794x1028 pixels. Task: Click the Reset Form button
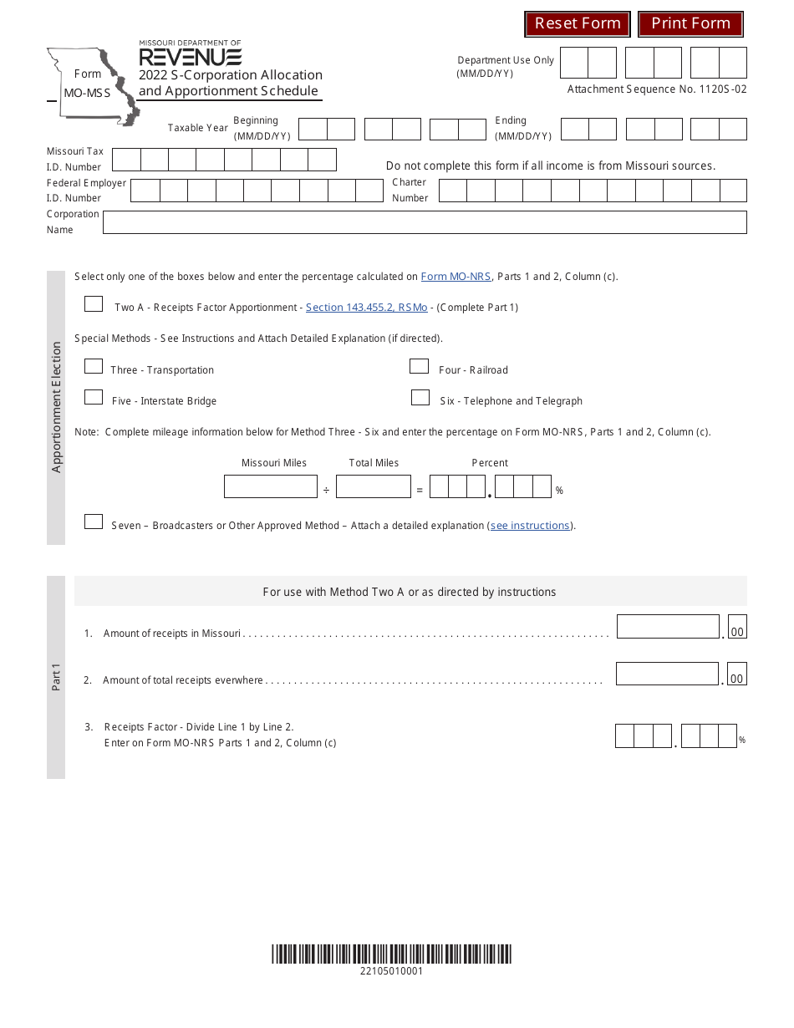578,24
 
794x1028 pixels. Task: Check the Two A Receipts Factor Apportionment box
94,304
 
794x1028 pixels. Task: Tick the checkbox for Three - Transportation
94,366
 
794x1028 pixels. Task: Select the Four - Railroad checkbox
419,366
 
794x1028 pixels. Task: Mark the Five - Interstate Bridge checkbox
94,397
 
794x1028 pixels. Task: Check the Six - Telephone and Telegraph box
420,398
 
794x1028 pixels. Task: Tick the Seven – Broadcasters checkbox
94,522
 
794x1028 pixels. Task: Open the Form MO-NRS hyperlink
456,277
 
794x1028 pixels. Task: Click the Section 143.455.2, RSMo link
366,308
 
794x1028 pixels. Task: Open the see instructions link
530,526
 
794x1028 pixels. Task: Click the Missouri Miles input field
270,486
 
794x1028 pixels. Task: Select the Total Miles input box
374,486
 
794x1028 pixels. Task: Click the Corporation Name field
424,222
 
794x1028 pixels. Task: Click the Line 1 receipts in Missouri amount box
667,627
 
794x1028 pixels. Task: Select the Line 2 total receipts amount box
667,674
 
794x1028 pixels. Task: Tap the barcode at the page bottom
391,954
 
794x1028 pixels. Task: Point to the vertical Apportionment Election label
56,407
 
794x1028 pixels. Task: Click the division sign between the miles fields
326,491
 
